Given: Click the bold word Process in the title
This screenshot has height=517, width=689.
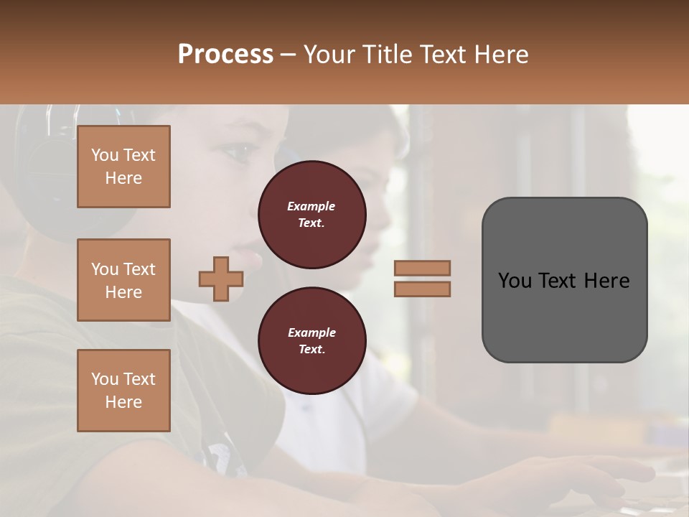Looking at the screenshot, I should tap(225, 55).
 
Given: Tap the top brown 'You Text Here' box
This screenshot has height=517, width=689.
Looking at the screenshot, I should tap(123, 167).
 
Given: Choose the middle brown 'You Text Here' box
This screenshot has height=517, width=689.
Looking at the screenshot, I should tap(123, 280).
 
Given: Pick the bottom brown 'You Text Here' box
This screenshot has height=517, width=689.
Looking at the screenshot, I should tap(123, 391).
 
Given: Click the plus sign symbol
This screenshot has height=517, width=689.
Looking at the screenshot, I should tap(221, 279).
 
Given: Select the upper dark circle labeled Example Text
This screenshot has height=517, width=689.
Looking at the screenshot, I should tap(311, 215).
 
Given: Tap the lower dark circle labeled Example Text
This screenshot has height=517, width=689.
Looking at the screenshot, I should tap(311, 341).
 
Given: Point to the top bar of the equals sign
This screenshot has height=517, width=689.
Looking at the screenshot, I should tap(422, 268).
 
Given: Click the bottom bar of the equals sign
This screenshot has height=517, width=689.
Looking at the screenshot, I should tap(422, 289).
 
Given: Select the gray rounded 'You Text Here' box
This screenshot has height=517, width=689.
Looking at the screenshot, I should tap(564, 280).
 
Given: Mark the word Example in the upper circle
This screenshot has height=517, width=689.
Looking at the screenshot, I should tap(311, 206).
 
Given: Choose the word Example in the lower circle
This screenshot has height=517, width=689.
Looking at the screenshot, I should tap(311, 332).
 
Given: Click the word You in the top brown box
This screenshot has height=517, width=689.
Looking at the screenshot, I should tap(105, 155).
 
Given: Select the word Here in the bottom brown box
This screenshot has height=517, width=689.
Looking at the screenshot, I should tap(123, 402).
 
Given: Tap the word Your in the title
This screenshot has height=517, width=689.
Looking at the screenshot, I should tap(329, 55).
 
